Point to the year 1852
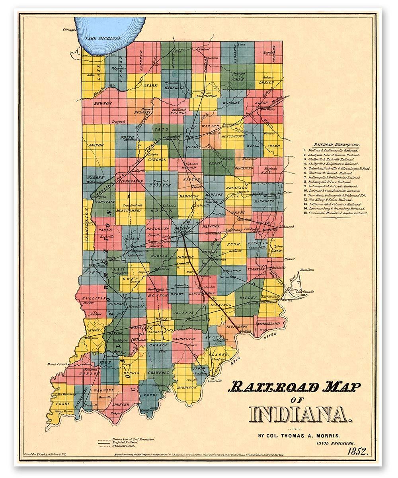[x=358, y=451]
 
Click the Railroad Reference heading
[x=337, y=144]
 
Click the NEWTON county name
[x=102, y=103]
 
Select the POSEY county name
[x=64, y=403]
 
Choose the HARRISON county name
[x=187, y=387]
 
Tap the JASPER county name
[x=96, y=145]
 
